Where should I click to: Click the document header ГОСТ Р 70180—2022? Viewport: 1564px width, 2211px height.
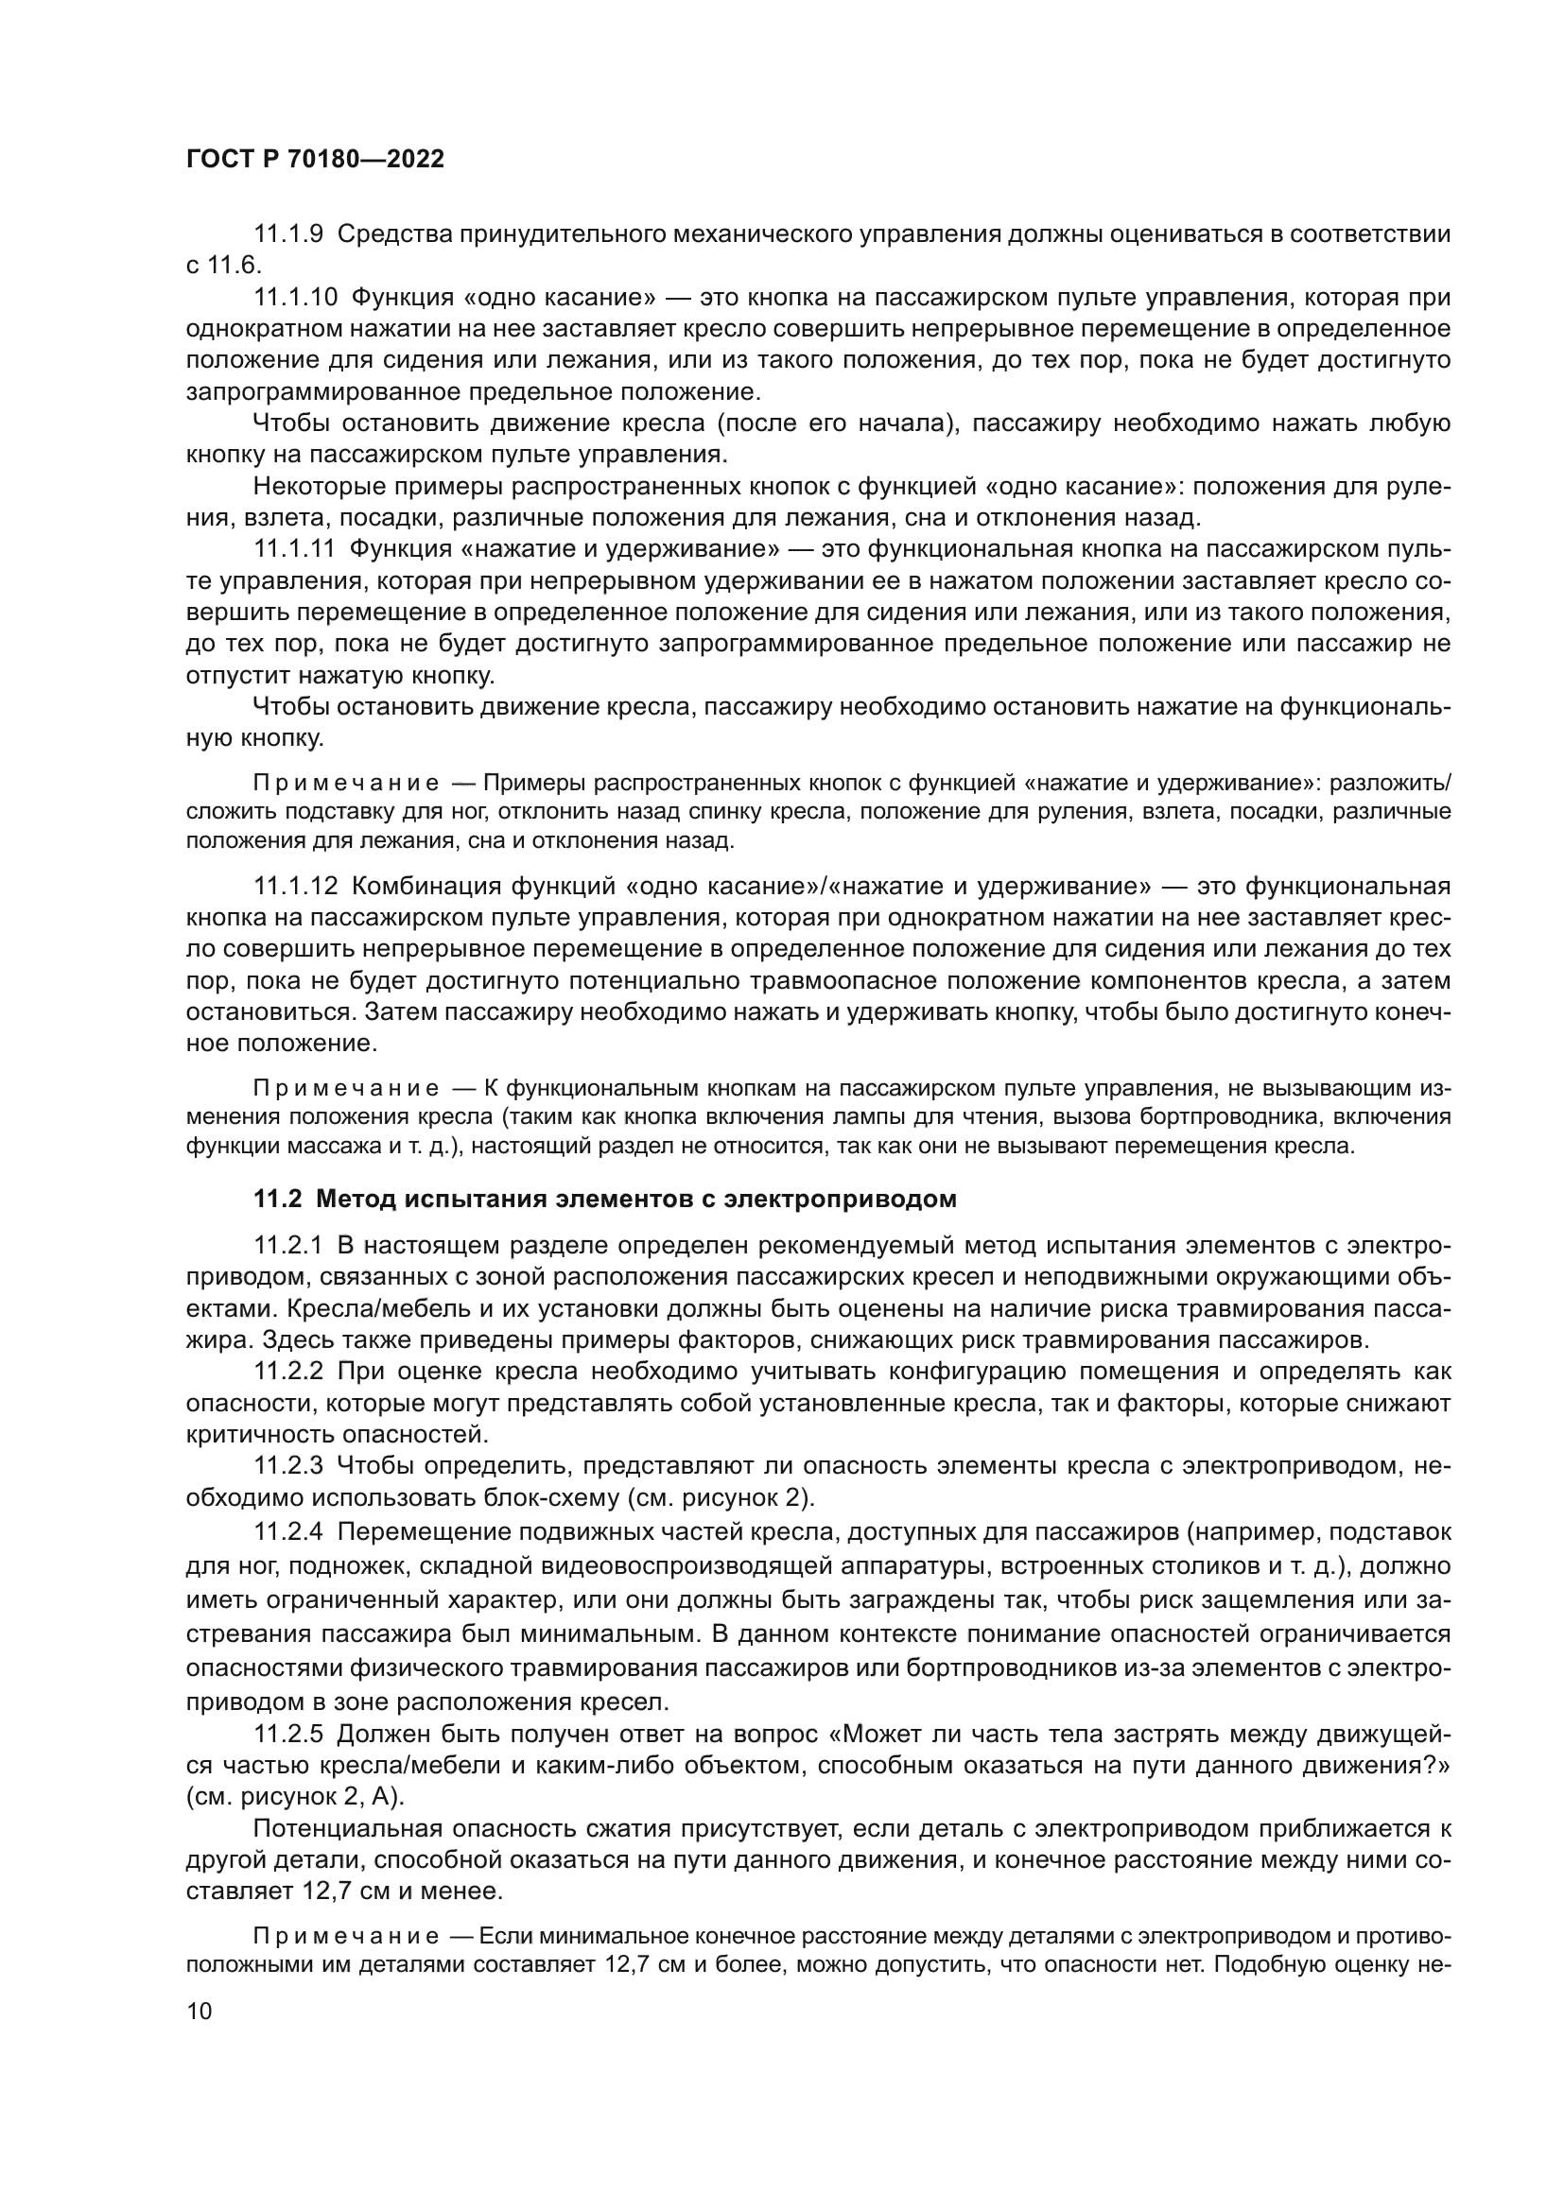315,160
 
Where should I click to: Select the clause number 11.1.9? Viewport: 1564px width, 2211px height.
288,234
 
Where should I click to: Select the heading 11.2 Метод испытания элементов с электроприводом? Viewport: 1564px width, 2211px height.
605,1199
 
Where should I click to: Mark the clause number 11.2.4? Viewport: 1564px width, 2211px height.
288,1531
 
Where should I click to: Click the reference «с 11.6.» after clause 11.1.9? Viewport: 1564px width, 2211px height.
223,266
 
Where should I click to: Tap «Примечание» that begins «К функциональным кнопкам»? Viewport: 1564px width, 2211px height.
346,1088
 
